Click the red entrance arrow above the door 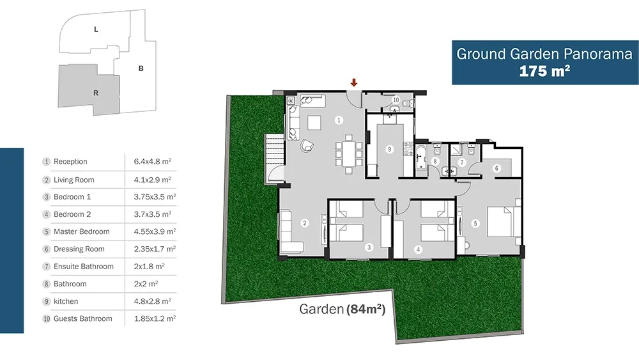click(x=354, y=82)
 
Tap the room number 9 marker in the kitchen click(x=389, y=149)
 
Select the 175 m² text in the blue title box click(x=544, y=71)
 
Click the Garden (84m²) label click(x=343, y=309)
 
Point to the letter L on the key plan click(x=96, y=29)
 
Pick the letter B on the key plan click(x=141, y=68)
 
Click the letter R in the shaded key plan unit click(x=96, y=93)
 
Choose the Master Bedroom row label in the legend click(x=82, y=231)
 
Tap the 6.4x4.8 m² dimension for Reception click(x=153, y=161)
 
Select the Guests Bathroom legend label click(x=82, y=319)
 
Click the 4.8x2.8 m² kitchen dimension click(x=153, y=301)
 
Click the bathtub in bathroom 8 click(x=420, y=157)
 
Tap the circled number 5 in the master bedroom click(x=475, y=223)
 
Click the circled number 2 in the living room click(x=304, y=223)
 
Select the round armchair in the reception click(x=307, y=146)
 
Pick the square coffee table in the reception click(x=314, y=123)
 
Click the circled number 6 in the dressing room click(x=497, y=168)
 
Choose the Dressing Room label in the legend click(x=79, y=249)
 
